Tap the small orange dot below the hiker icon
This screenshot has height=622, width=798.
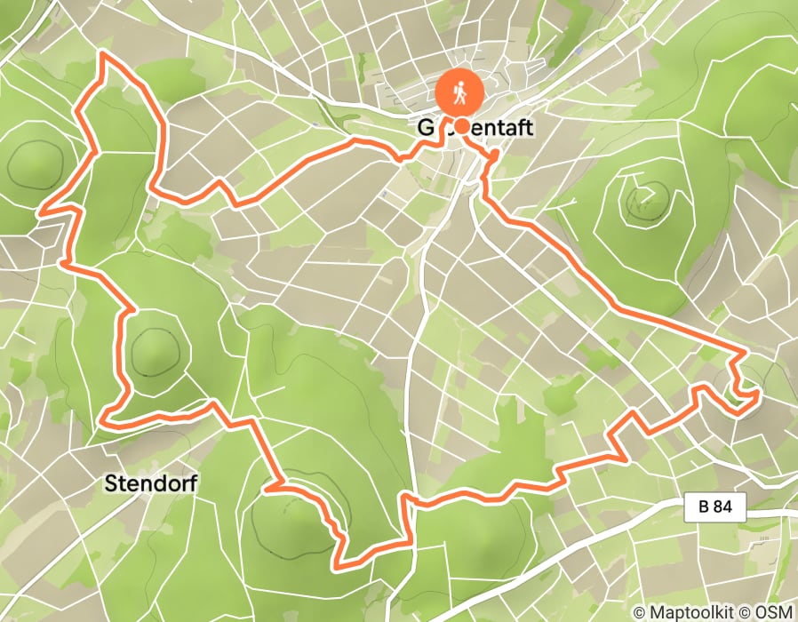(462, 125)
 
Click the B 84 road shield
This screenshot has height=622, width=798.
(715, 508)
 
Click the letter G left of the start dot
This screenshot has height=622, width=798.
(426, 128)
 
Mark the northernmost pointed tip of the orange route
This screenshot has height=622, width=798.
(103, 54)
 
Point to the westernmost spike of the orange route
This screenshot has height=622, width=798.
(40, 212)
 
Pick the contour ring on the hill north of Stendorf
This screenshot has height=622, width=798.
(156, 352)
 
